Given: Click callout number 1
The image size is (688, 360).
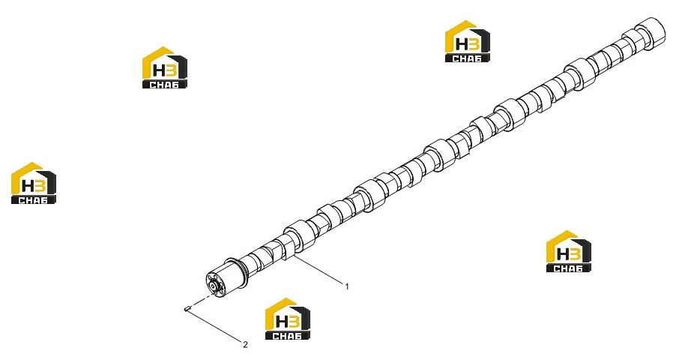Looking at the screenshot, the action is point(347,286).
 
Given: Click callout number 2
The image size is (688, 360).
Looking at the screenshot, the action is point(245,345).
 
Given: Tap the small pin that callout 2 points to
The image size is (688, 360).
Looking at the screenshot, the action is point(186,309).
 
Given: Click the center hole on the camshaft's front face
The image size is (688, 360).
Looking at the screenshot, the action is point(214,287).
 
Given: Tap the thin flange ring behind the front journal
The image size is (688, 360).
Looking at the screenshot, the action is point(241,271).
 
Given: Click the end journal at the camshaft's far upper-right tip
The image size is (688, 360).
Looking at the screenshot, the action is point(651,32).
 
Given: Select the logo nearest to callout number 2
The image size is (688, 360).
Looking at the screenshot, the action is point(288,319).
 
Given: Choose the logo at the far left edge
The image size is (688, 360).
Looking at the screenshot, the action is point(34,183).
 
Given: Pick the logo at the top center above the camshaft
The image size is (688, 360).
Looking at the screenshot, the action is point(468,41).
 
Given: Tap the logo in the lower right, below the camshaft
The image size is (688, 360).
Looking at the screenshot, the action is point(569,251).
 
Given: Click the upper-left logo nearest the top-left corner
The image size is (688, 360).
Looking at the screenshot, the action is point(165,67).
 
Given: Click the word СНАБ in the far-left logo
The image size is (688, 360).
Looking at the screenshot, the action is point(33,200).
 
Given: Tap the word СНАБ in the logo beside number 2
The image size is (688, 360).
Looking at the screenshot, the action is point(287,336).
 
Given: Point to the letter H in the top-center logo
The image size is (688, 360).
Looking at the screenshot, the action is point(462,44).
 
